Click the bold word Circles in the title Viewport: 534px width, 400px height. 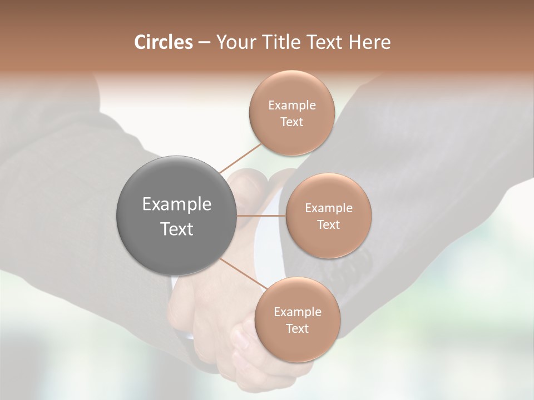[x=164, y=42]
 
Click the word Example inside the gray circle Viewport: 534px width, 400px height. [x=177, y=204]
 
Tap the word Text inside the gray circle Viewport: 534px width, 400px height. [x=177, y=228]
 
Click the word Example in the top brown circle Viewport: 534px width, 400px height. [x=291, y=106]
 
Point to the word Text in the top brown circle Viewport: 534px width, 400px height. [x=291, y=122]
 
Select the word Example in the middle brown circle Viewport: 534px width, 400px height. [x=328, y=208]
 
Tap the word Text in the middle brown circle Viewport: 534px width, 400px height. [x=328, y=224]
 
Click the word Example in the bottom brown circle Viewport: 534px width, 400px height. [x=297, y=312]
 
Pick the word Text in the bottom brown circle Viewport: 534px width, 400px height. [x=297, y=328]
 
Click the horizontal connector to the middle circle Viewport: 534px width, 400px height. [x=261, y=215]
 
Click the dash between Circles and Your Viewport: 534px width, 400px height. [x=204, y=43]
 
